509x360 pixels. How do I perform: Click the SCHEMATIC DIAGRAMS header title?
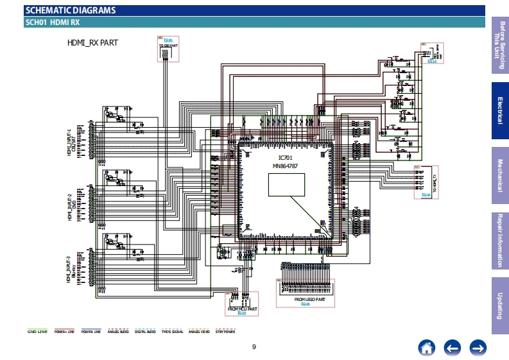(70, 10)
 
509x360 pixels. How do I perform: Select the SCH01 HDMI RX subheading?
(52, 22)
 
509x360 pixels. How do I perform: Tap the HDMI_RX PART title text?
(92, 44)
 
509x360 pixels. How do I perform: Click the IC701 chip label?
(285, 158)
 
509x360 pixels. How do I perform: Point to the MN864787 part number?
(285, 166)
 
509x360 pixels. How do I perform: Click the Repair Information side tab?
(500, 240)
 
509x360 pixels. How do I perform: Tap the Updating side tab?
(500, 305)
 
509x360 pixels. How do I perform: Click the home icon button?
(426, 347)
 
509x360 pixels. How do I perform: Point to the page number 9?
(254, 347)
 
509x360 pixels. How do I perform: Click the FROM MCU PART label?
(242, 309)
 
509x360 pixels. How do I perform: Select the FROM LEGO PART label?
(309, 299)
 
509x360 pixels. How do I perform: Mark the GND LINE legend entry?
(37, 332)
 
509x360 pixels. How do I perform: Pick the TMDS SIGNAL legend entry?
(171, 332)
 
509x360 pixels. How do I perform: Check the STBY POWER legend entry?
(225, 332)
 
